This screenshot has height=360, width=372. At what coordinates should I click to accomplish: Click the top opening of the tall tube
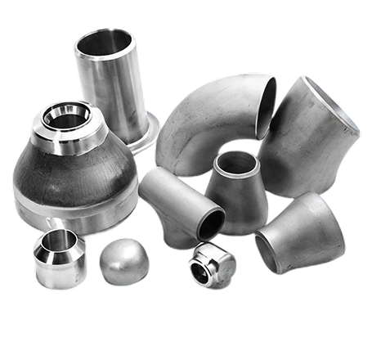(105, 41)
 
